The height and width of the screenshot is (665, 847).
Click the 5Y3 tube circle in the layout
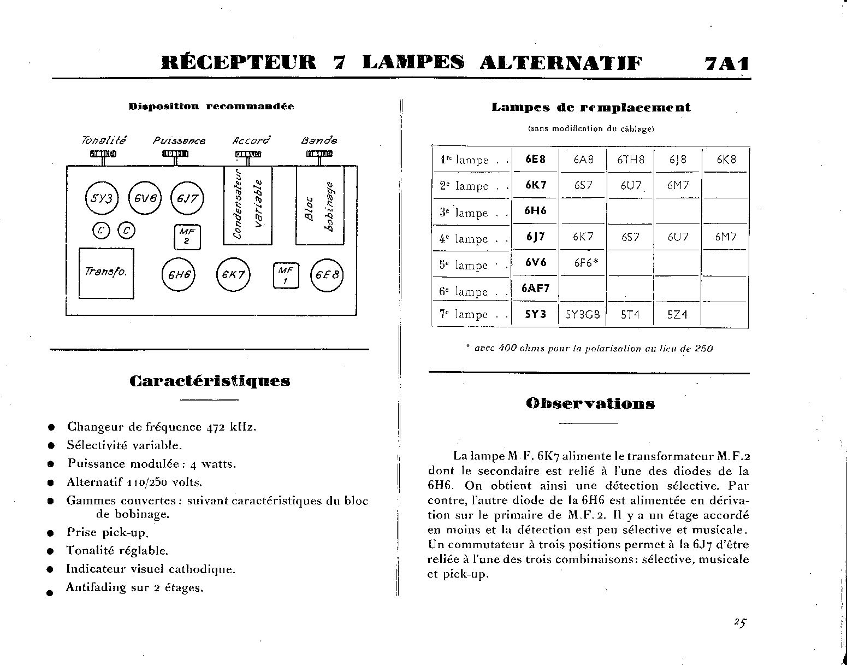[102, 199]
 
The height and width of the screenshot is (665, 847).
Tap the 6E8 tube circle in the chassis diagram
[327, 274]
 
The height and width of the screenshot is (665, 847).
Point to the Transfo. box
[106, 273]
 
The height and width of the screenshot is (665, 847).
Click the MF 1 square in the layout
[286, 275]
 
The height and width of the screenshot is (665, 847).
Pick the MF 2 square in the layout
[187, 237]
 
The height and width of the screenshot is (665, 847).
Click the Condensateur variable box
[248, 205]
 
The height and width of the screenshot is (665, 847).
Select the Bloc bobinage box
[320, 205]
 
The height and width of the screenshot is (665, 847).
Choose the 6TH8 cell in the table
[630, 160]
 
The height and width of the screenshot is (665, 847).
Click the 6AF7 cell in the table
[535, 288]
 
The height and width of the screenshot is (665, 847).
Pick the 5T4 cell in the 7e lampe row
[630, 315]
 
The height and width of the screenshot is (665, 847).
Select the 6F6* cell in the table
[586, 263]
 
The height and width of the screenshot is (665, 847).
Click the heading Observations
[590, 404]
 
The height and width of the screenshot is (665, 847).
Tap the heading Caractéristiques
[210, 381]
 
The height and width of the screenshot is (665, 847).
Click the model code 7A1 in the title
[726, 64]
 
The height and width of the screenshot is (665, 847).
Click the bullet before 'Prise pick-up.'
[51, 533]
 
